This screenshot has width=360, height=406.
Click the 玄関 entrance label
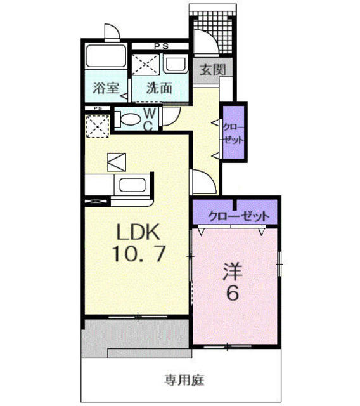(212, 70)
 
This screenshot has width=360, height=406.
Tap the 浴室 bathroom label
(106, 88)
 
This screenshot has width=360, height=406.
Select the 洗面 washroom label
(159, 88)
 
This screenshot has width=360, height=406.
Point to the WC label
(149, 120)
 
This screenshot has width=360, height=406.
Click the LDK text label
(138, 232)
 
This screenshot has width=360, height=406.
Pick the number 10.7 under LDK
(139, 254)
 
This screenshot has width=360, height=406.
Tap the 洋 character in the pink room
(233, 272)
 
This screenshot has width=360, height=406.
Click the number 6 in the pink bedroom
(233, 293)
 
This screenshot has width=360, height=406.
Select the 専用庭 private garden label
(184, 380)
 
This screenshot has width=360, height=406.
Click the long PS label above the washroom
(162, 46)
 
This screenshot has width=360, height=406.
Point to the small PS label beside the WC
(98, 108)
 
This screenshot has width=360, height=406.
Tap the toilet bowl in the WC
(129, 119)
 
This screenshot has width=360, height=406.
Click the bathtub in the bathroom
(105, 56)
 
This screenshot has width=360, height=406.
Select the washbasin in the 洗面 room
(176, 64)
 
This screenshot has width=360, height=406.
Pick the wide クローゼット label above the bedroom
(239, 216)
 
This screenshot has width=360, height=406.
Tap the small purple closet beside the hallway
(234, 133)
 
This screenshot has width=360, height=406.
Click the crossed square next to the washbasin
(146, 65)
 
